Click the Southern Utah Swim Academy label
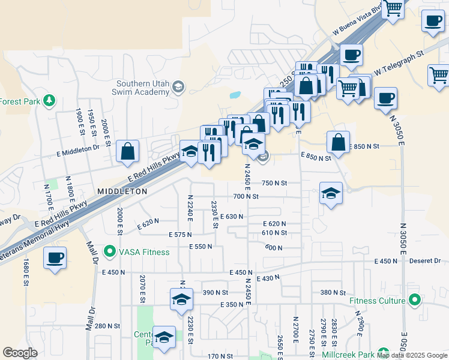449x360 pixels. point(140,88)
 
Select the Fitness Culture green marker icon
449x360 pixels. point(414,299)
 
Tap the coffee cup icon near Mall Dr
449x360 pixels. point(55,259)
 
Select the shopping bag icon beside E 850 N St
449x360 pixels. point(339,143)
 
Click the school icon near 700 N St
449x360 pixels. point(331,193)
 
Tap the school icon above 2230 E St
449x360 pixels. point(181,300)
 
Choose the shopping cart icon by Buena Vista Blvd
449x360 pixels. point(393,8)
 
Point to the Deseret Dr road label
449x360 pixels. point(425,261)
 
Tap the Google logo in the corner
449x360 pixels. point(20,353)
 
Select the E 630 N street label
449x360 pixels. point(232,216)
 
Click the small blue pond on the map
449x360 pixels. point(235,95)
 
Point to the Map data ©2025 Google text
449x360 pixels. point(412,355)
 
